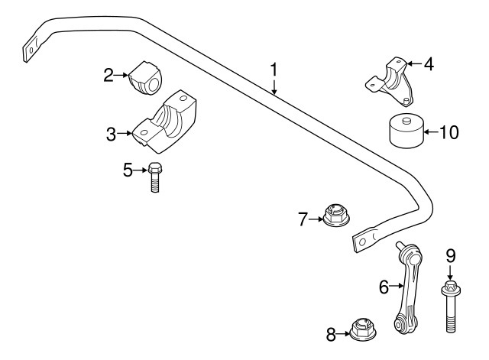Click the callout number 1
tap(274, 70)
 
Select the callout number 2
tap(109, 74)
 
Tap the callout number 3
tap(112, 135)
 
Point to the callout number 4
tap(429, 64)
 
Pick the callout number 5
tap(128, 170)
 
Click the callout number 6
tap(384, 287)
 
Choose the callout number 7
tap(303, 220)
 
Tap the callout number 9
tap(450, 255)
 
